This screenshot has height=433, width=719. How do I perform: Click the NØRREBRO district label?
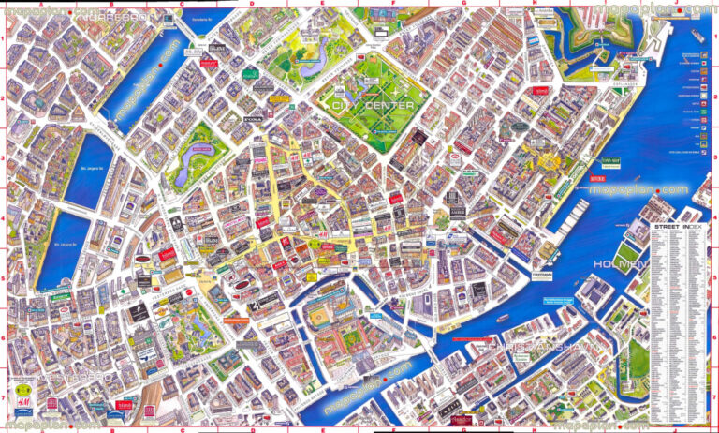coord(112,17)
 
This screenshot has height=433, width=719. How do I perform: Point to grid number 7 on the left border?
coord(4,397)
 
